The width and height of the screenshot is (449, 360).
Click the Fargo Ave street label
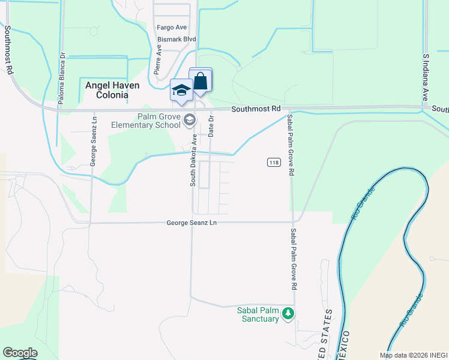[172, 28]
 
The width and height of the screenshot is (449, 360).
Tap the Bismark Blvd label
[177, 40]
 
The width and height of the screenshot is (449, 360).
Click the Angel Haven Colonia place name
[107, 90]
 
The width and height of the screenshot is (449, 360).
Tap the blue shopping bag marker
[200, 81]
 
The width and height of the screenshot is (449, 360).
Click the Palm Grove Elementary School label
[145, 121]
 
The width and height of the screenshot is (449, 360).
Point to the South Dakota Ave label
[194, 160]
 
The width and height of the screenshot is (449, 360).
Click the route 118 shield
[274, 163]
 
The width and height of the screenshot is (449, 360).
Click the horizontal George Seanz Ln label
[191, 223]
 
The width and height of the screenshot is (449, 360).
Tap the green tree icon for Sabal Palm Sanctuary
[289, 313]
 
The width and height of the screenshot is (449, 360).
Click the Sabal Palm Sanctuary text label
[250, 314]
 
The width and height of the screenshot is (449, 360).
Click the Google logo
[20, 353]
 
